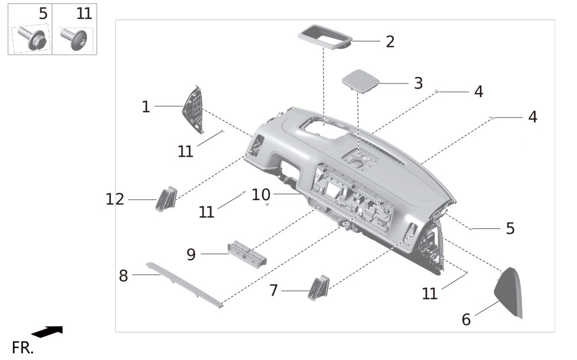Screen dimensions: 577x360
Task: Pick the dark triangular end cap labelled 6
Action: tap(509, 292)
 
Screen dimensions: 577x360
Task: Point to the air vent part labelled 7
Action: tap(318, 288)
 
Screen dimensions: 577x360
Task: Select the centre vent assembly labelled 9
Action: tap(247, 253)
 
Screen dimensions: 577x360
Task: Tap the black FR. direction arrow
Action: tap(47, 331)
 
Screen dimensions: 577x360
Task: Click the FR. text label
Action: tap(22, 347)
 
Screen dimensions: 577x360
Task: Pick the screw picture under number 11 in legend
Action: tap(75, 39)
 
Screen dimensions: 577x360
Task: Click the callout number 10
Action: tap(261, 194)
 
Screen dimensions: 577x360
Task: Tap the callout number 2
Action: tap(391, 41)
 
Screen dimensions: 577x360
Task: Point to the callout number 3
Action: tap(418, 83)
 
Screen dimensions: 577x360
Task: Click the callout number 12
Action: tap(115, 200)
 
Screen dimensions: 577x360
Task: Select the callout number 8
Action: tap(123, 275)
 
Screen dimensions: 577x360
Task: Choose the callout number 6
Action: tap(466, 320)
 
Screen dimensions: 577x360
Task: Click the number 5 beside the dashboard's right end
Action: tap(510, 228)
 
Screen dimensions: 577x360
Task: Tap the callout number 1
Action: tap(146, 107)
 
